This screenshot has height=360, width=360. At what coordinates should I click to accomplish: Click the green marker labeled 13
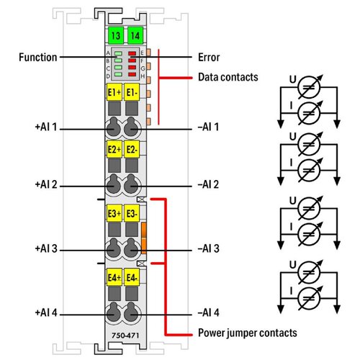tap(116, 36)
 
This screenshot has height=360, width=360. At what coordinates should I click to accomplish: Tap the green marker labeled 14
tap(135, 36)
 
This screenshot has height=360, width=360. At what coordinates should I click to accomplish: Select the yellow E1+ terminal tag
tap(114, 92)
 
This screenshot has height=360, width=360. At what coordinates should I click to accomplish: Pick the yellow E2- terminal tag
tap(132, 150)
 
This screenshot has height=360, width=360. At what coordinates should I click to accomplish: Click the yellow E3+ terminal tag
tap(114, 213)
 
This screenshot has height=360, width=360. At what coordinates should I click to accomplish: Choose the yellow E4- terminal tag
tap(132, 277)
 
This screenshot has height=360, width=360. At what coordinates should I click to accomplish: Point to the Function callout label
tap(38, 58)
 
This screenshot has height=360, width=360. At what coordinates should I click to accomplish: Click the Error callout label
tap(209, 58)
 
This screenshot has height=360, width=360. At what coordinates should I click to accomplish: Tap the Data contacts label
tap(228, 77)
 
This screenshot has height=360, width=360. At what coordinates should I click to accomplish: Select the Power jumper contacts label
tap(248, 333)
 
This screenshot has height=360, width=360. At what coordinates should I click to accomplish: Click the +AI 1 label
tap(46, 127)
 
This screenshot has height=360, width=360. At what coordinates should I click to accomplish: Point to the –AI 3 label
tap(208, 248)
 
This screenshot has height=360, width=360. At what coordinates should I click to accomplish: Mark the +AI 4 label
tap(46, 312)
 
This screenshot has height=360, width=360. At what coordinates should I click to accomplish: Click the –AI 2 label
tap(208, 184)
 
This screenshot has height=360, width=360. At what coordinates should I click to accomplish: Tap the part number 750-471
tap(125, 336)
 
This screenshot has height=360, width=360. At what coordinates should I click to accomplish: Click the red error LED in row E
tap(132, 53)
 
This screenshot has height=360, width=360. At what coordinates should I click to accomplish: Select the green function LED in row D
tap(118, 75)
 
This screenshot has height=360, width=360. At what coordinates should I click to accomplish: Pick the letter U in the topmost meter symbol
tap(293, 79)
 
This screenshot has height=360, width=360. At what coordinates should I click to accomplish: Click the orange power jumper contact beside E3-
tap(144, 238)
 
